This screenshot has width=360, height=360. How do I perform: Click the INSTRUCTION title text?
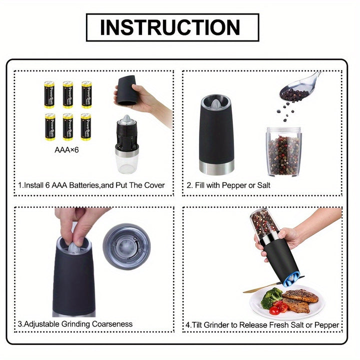tap(172, 27)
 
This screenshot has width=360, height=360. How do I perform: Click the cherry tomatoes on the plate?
tap(278, 307)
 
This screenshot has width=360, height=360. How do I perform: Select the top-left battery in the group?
tap(49, 94)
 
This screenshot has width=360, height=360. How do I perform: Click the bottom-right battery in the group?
tap(86, 126)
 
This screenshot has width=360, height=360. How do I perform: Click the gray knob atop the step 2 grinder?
tap(216, 103)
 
